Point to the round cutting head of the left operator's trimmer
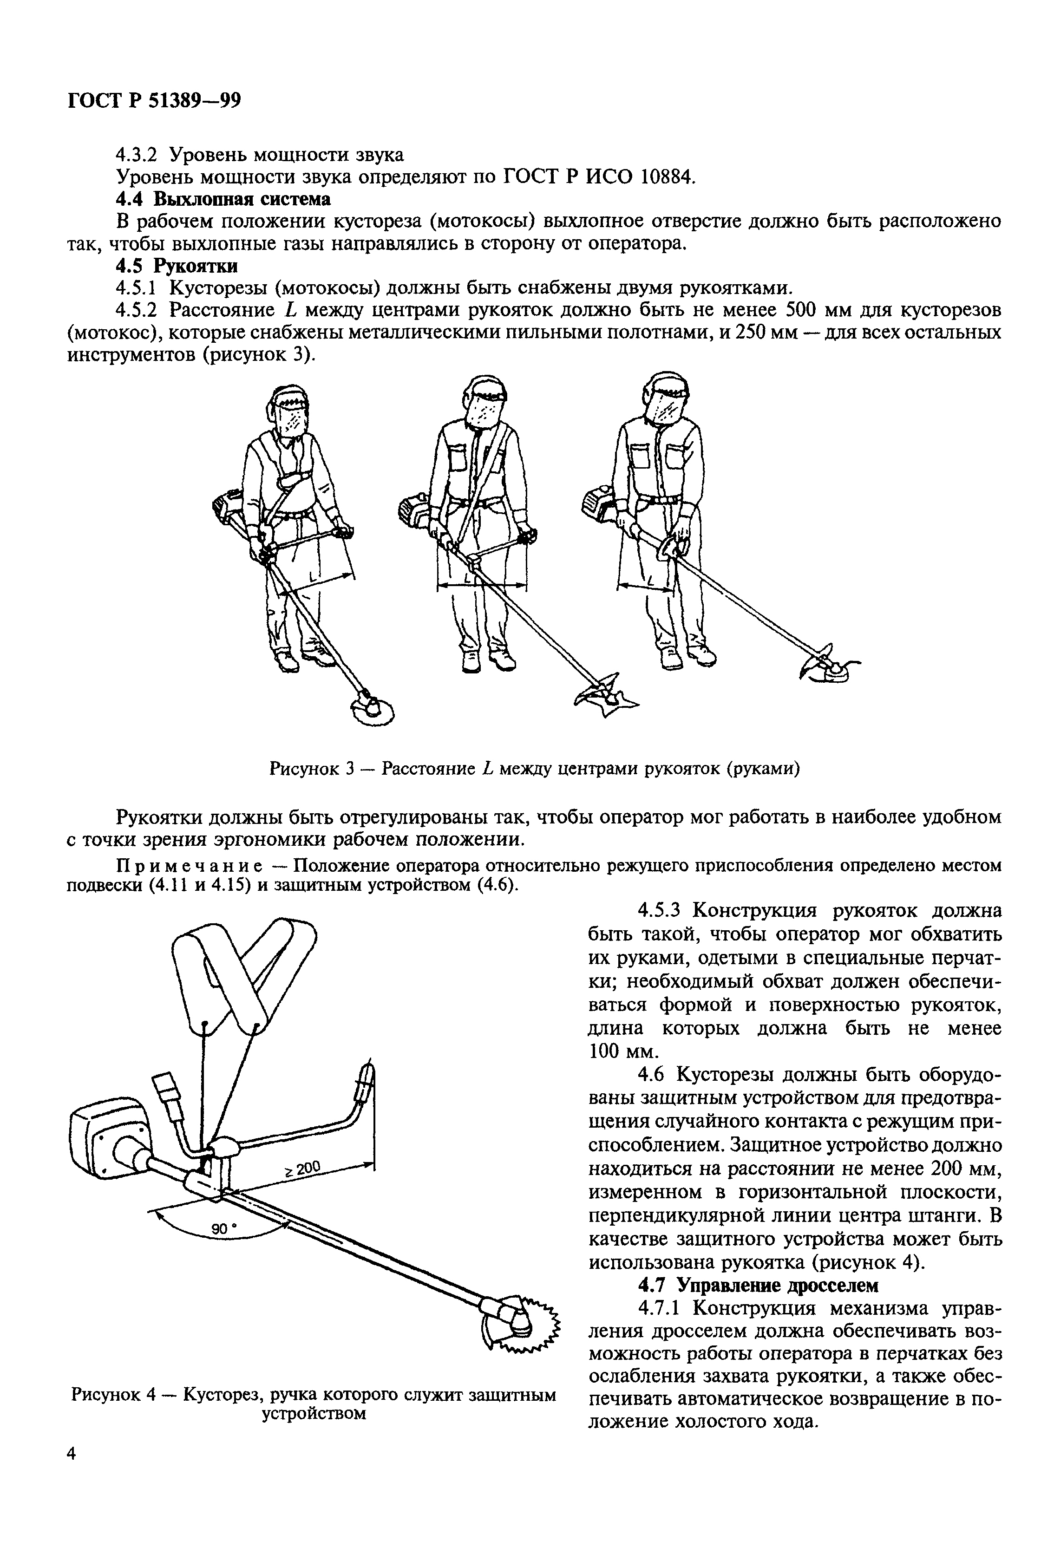click(372, 709)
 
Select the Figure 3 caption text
click(534, 768)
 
